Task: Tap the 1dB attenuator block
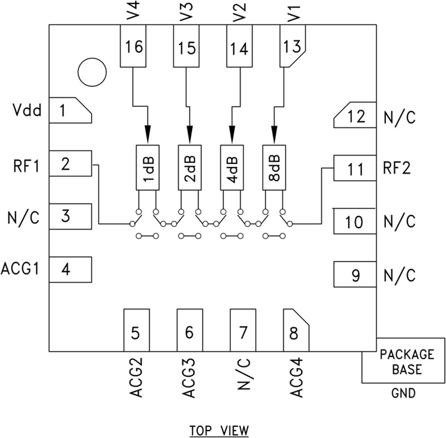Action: click(x=147, y=167)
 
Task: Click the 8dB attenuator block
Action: click(x=274, y=167)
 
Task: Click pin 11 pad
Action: click(x=354, y=169)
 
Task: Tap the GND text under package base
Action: click(x=403, y=394)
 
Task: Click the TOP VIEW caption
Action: click(x=219, y=430)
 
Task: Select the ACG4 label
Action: click(x=296, y=379)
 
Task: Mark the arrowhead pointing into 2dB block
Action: click(x=189, y=133)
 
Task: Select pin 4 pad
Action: click(x=71, y=270)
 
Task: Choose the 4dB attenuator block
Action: click(x=232, y=167)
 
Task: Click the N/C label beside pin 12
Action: click(x=399, y=117)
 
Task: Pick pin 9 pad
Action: click(x=354, y=275)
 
